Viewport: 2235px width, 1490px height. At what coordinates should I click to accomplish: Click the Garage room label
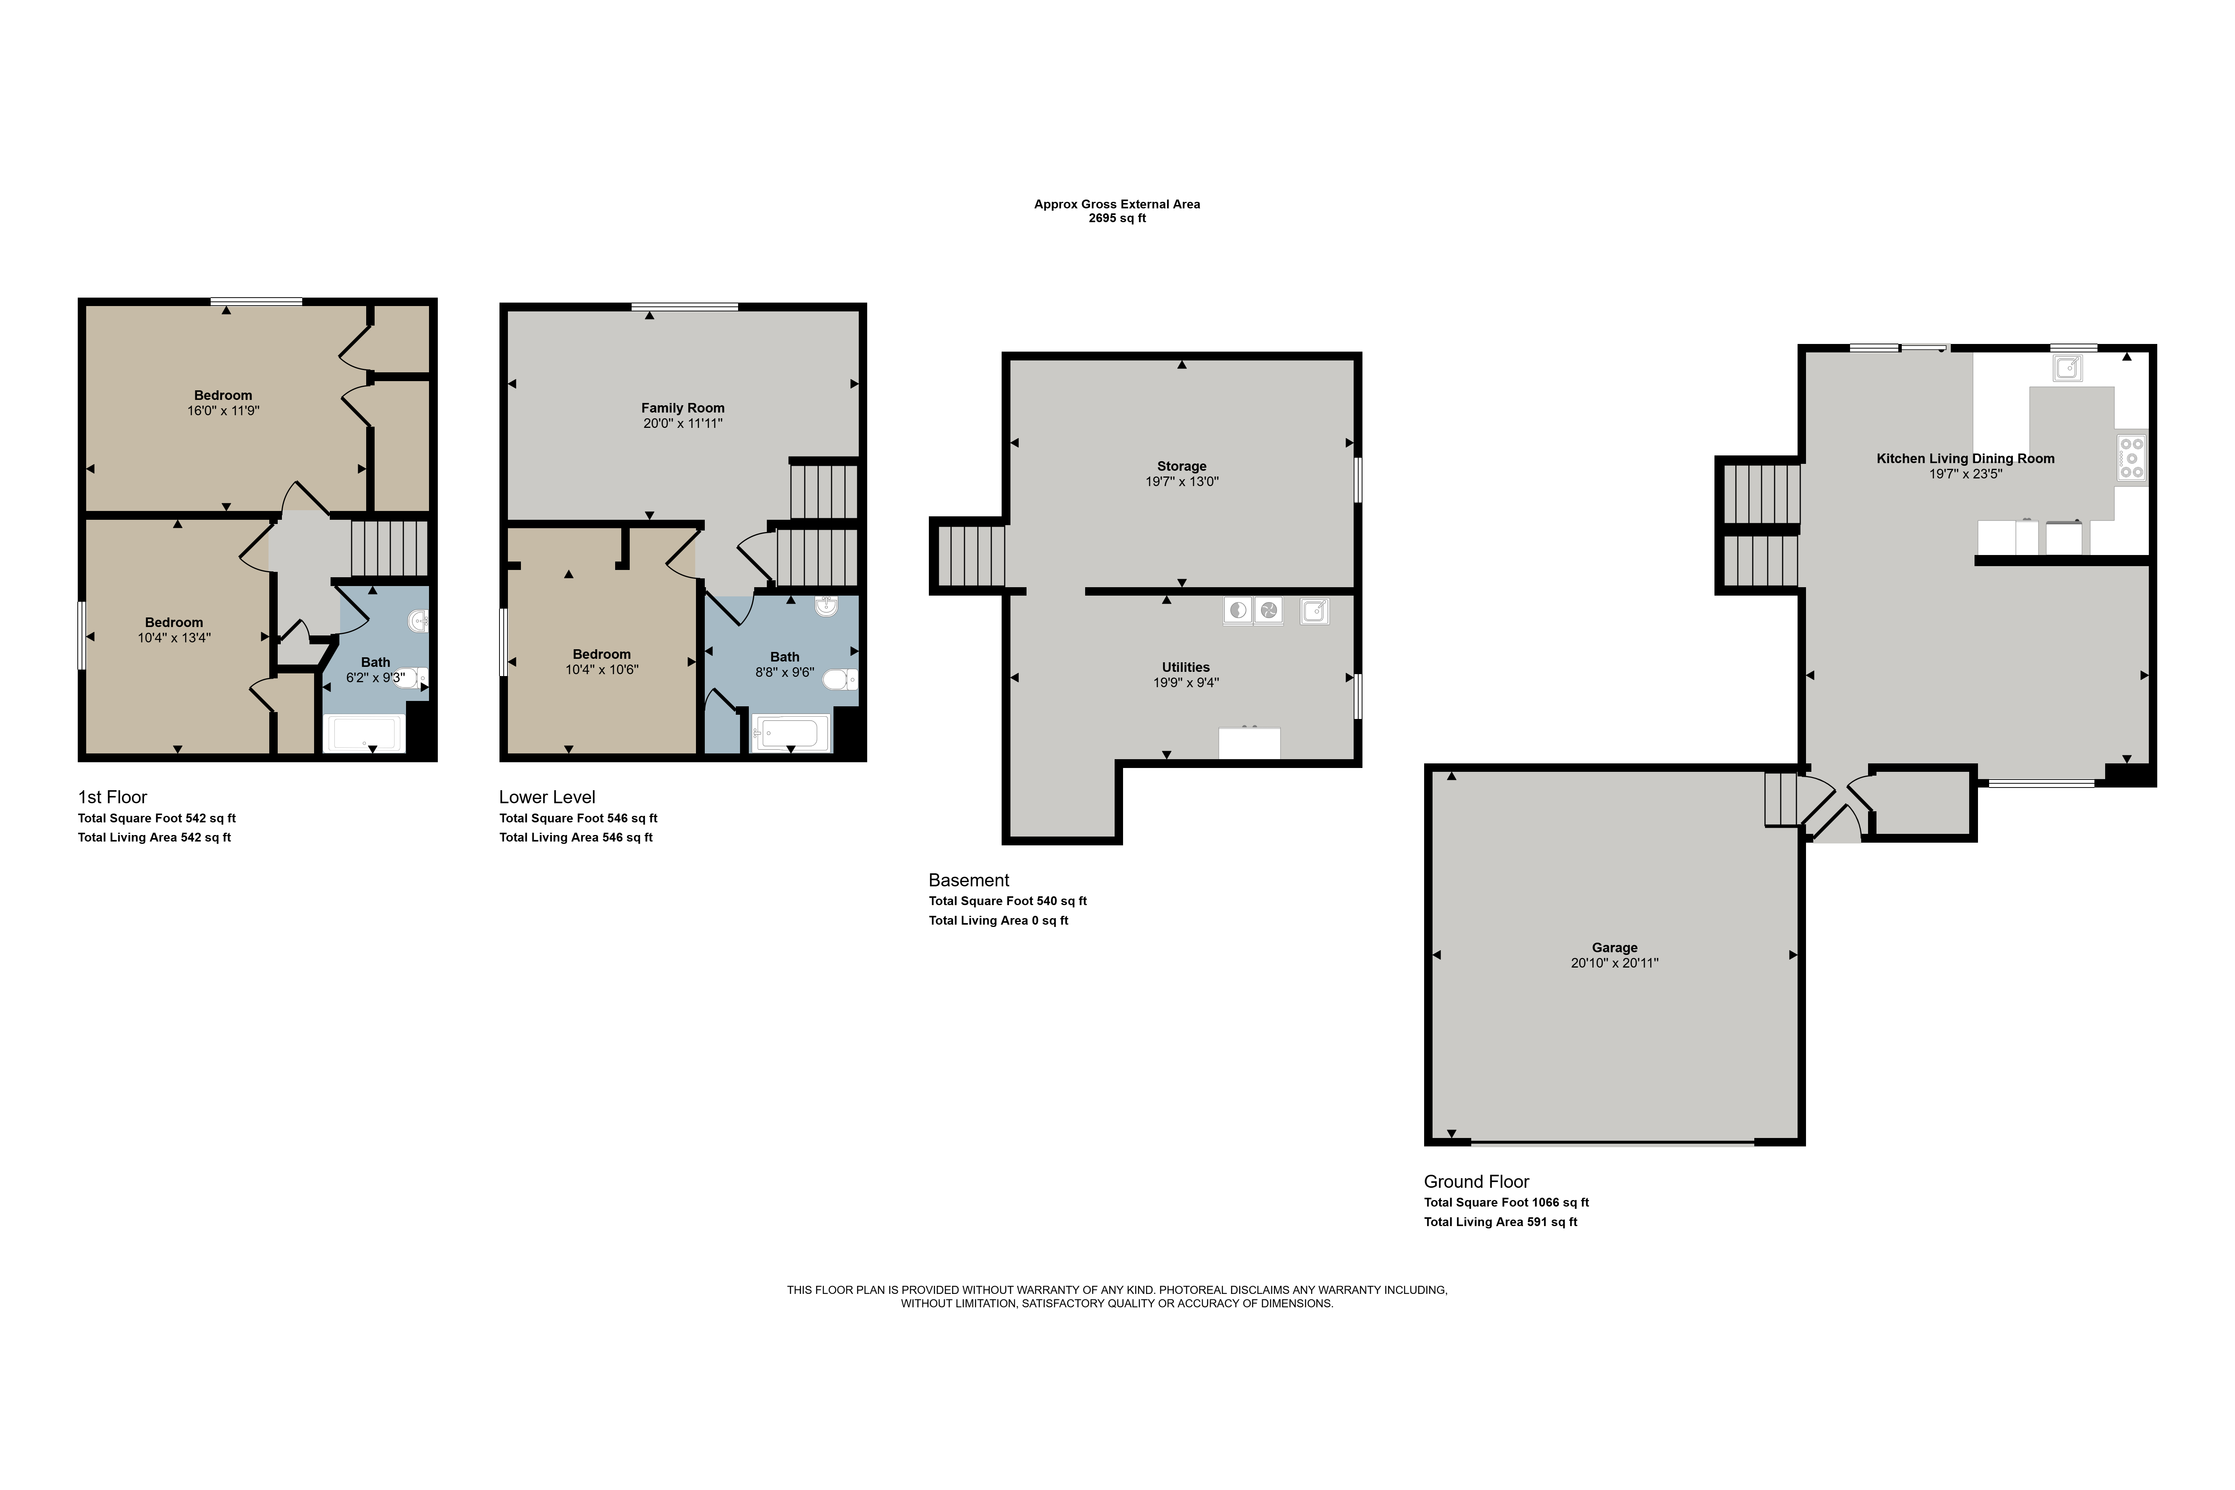point(1614,947)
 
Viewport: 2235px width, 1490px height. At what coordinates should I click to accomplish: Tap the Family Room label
point(682,408)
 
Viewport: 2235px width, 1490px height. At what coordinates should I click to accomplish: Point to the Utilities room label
point(1185,667)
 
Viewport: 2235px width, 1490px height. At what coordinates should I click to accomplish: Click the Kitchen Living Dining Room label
point(1965,458)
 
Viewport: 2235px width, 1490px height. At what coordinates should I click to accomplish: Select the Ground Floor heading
point(1476,1181)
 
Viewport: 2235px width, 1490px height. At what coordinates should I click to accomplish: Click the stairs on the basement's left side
point(971,556)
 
